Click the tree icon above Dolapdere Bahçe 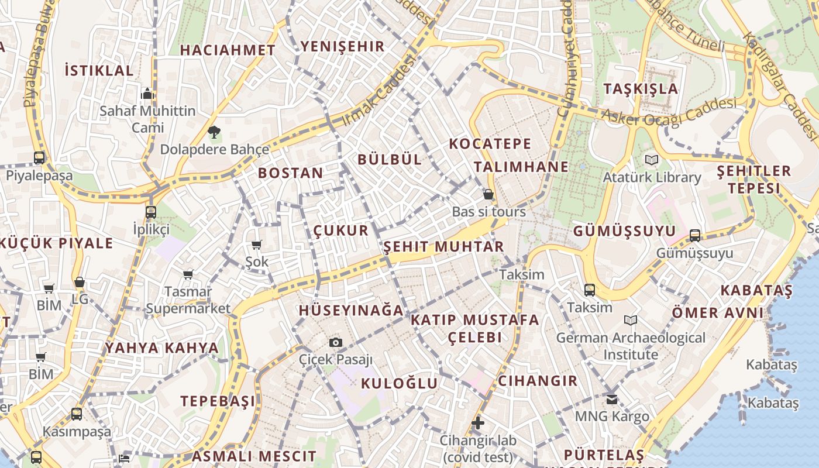214,132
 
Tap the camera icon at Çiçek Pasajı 335,342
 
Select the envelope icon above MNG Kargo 611,400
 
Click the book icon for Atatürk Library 651,160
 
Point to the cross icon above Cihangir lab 478,423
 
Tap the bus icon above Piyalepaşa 39,158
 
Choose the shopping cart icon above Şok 256,245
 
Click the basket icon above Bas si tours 488,194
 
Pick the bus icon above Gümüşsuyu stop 694,236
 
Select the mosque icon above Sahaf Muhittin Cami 147,94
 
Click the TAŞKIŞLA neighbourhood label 641,89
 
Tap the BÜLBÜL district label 389,159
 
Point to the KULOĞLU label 399,384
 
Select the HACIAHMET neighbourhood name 227,50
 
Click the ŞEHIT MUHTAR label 443,247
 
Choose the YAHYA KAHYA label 161,348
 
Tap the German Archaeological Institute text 631,346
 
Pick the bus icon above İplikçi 151,212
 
